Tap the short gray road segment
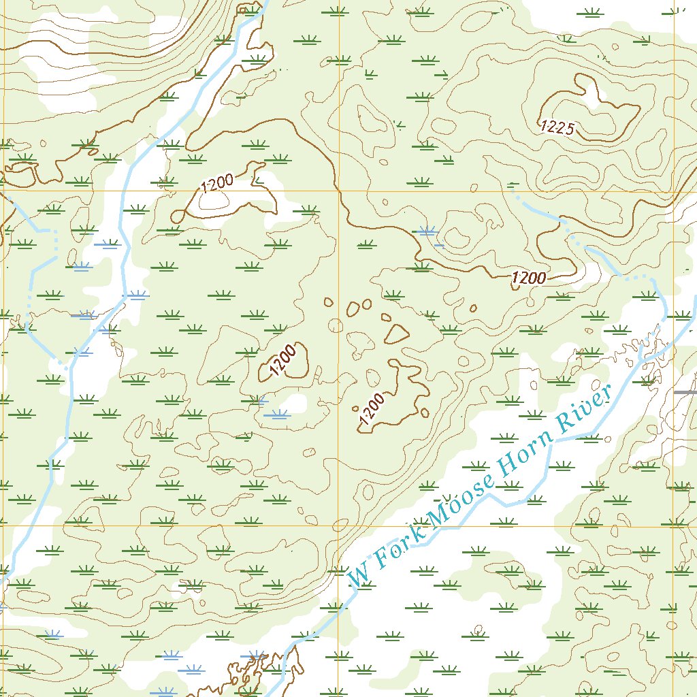(x=685, y=393)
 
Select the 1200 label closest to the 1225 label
(x=529, y=278)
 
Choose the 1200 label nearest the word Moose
(x=372, y=409)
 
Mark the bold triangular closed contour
(x=396, y=333)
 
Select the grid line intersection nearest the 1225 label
(x=674, y=191)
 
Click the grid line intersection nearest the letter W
(x=339, y=526)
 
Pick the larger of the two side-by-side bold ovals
(x=353, y=309)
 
